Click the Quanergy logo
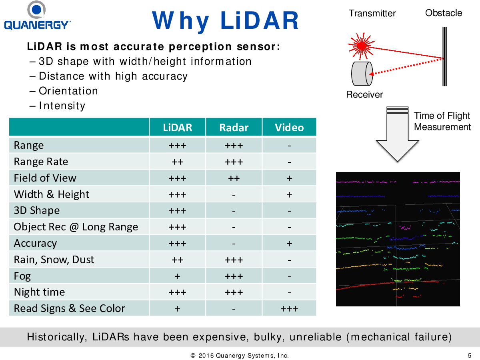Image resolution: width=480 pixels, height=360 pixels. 37,15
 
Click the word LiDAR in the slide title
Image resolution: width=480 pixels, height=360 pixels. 260,20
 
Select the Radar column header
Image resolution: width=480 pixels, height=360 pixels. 234,128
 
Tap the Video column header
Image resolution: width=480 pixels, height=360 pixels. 289,128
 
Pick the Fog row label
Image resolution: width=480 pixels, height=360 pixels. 22,276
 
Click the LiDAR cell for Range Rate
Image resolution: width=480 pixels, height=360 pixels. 177,162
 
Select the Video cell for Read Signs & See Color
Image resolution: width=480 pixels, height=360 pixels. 289,309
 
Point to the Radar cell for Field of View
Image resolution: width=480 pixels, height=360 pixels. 234,178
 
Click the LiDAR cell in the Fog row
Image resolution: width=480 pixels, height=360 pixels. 177,276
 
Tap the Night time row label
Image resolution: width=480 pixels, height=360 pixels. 39,292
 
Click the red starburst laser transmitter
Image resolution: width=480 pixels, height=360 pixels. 361,46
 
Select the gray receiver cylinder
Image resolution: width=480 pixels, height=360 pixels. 362,74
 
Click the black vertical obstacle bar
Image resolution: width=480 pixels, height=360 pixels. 444,57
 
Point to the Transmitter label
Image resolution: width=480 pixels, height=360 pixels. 372,13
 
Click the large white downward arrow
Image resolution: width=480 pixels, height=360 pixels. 397,134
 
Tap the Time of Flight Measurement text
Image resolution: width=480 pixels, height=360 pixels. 442,121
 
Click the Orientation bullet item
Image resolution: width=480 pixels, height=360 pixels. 64,91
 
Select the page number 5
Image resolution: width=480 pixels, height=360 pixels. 469,356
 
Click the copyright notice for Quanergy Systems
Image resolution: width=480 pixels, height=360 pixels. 240,356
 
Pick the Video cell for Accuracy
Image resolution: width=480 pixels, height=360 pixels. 289,244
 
